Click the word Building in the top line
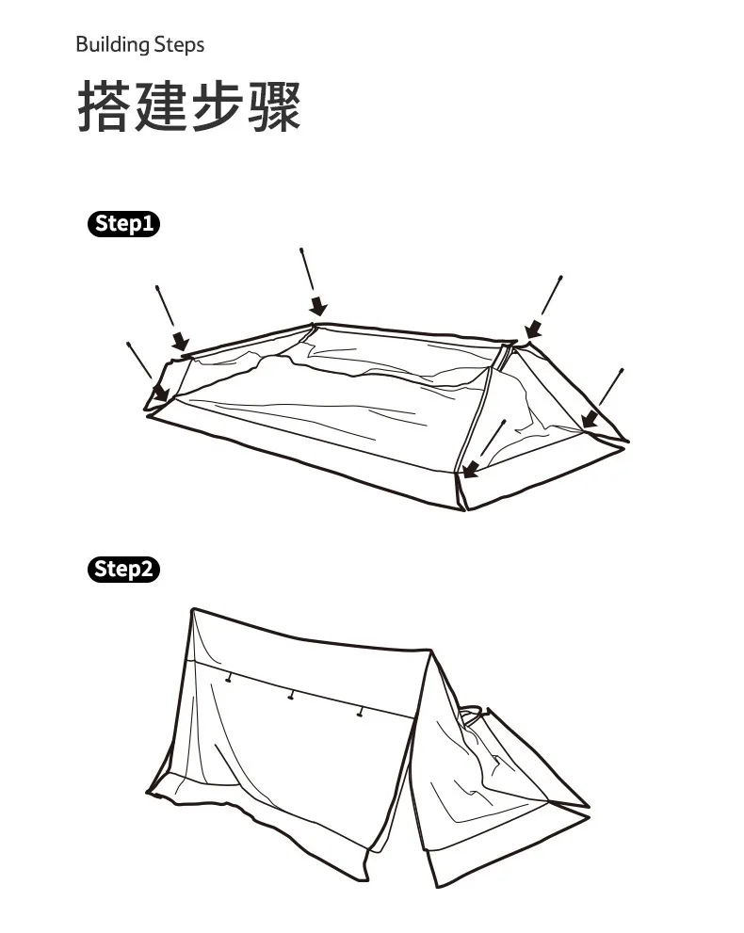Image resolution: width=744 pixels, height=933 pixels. click(x=112, y=44)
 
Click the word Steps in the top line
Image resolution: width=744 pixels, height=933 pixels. click(x=178, y=44)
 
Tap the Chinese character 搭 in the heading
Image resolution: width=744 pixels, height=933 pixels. click(x=104, y=105)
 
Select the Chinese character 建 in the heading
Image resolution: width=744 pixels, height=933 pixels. click(x=160, y=105)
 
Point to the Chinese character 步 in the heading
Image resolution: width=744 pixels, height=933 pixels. click(x=217, y=105)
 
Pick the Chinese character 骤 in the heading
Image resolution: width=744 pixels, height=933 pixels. click(x=273, y=105)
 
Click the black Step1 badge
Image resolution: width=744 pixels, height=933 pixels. click(x=123, y=224)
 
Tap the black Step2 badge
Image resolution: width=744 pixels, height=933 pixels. click(x=123, y=570)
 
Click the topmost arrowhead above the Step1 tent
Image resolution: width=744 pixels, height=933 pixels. click(x=318, y=307)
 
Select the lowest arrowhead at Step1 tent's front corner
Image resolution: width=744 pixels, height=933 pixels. click(x=470, y=468)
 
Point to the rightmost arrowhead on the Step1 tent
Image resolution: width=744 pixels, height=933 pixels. click(x=590, y=417)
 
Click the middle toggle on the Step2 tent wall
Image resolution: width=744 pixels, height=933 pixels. click(x=292, y=696)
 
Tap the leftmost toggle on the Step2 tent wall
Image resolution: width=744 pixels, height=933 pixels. click(x=227, y=678)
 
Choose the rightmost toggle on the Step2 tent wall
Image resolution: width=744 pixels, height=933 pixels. click(x=359, y=713)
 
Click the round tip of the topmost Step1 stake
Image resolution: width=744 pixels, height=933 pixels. click(x=301, y=250)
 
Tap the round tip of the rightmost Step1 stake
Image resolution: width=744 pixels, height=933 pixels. click(x=622, y=370)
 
